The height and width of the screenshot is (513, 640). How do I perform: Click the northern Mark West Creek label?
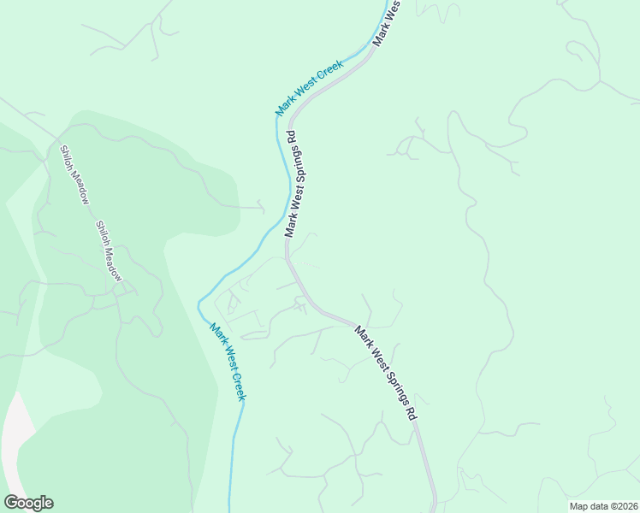click(x=309, y=88)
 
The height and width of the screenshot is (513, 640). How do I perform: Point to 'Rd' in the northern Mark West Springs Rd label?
click(x=291, y=136)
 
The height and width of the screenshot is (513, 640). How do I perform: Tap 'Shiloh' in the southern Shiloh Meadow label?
click(x=101, y=231)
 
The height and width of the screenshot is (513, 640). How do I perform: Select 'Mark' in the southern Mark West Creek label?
click(x=216, y=331)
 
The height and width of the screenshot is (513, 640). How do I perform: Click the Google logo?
click(x=28, y=503)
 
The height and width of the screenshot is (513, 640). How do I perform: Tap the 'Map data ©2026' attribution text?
click(x=602, y=506)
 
